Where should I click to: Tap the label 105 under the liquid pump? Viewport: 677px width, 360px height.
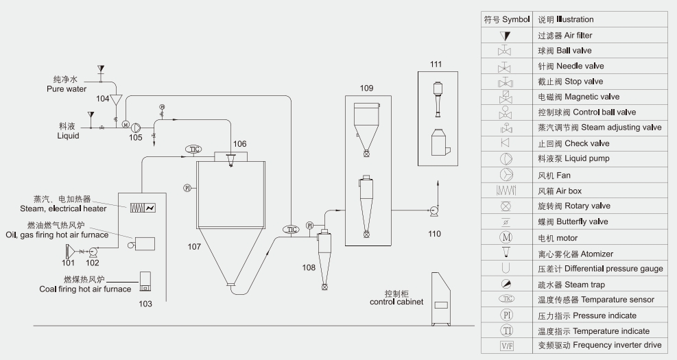click(135, 137)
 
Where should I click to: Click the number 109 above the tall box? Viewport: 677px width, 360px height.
click(367, 88)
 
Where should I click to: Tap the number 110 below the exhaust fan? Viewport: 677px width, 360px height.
click(434, 233)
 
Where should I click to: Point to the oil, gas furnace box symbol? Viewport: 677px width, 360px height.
click(144, 243)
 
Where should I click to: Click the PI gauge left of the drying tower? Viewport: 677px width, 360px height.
click(187, 187)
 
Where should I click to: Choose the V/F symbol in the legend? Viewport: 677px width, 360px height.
click(505, 346)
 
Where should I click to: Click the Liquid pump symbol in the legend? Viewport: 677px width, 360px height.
click(505, 159)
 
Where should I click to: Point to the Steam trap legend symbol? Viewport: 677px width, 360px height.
click(505, 284)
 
